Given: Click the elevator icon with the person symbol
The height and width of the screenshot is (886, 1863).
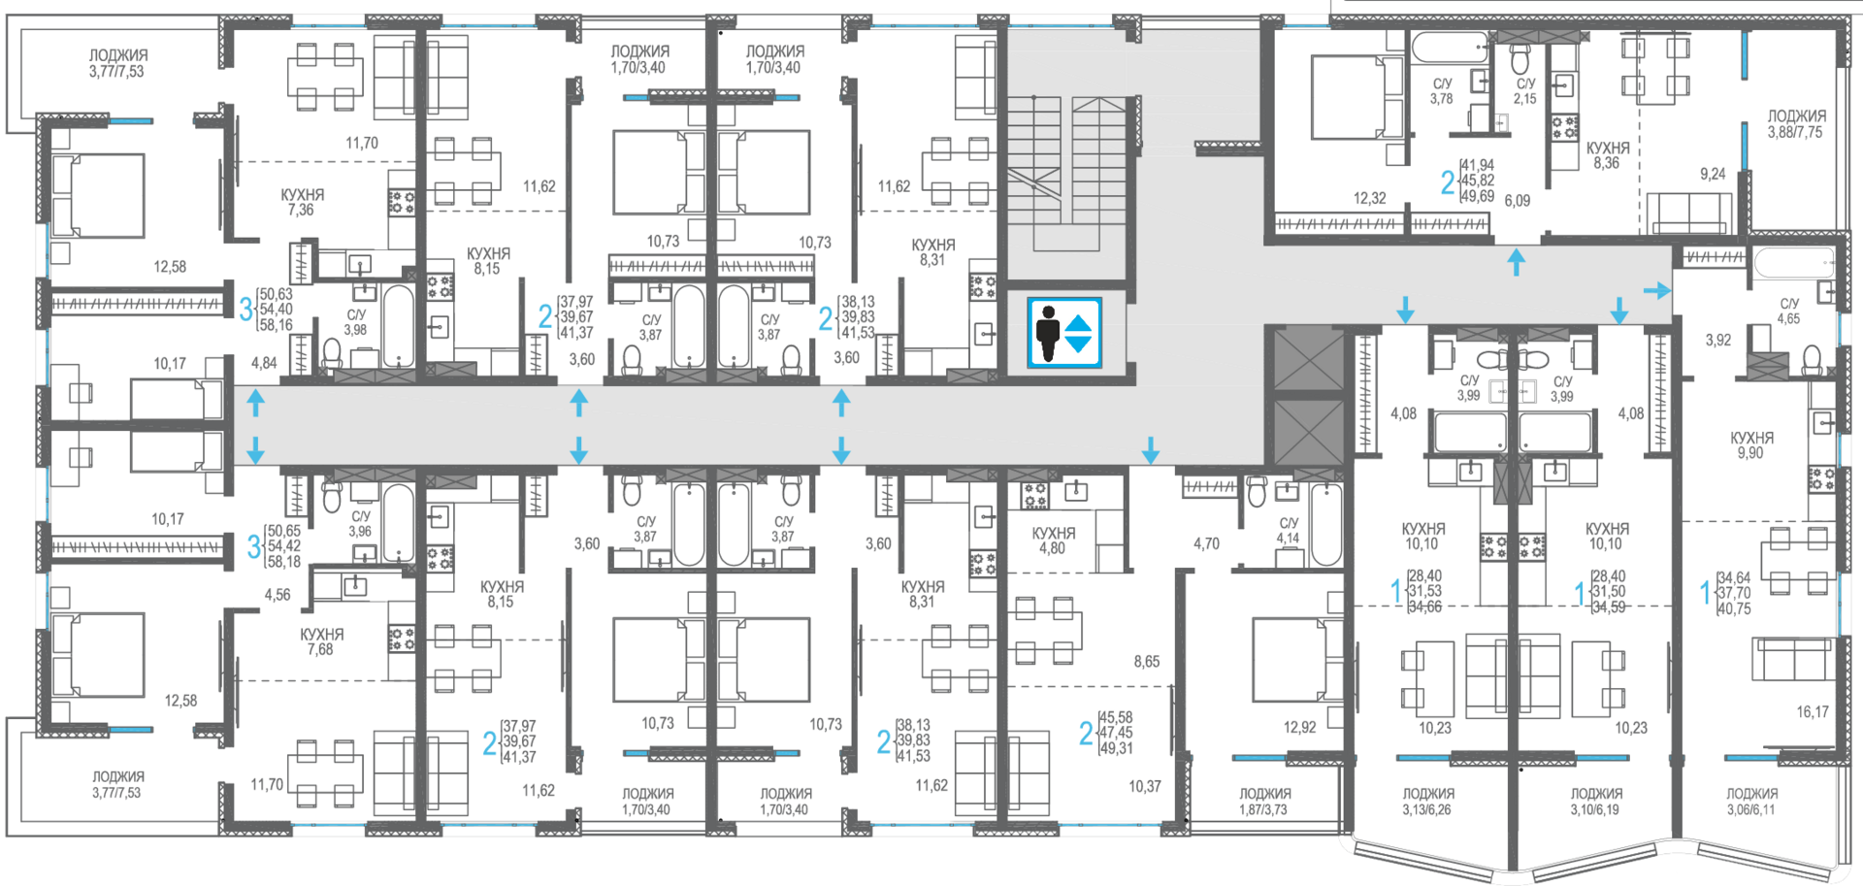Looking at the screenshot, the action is (x=1064, y=333).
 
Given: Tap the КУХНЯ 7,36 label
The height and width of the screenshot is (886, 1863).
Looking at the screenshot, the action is (x=302, y=202).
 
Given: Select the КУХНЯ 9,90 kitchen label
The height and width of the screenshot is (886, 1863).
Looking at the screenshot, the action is (x=1751, y=445).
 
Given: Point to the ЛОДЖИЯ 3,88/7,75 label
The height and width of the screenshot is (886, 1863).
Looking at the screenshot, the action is (x=1796, y=124).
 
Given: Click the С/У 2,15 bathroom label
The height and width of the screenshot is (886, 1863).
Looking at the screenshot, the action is (x=1525, y=91).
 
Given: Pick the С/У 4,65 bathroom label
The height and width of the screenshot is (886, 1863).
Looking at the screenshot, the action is (x=1789, y=311).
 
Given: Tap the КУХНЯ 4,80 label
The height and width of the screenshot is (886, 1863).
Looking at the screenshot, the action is (x=1053, y=541).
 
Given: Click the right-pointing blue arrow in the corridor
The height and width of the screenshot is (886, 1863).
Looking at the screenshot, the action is (x=1657, y=290).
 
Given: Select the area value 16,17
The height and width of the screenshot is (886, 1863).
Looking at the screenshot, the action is (x=1812, y=712).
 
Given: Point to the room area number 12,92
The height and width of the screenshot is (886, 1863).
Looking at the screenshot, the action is (x=1299, y=727).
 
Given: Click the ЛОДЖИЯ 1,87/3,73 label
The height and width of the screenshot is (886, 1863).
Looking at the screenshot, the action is (x=1264, y=802).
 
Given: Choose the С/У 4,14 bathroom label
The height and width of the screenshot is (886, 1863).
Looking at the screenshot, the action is (x=1289, y=531).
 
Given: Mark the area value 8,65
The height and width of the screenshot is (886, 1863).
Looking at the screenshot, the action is (x=1146, y=662).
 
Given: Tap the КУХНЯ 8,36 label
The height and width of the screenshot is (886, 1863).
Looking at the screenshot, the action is (x=1607, y=155).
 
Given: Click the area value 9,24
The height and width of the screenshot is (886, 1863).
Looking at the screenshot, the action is (x=1713, y=175).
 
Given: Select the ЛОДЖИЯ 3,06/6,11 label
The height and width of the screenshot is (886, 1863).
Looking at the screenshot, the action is (x=1751, y=802).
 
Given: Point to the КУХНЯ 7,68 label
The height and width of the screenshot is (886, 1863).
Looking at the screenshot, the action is (x=321, y=641).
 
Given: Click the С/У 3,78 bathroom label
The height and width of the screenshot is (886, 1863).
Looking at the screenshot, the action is (x=1442, y=91).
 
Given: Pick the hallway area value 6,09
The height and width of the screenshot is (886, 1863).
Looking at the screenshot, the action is (x=1518, y=201).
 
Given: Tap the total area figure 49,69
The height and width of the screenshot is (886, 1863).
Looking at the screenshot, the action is (x=1478, y=197).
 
